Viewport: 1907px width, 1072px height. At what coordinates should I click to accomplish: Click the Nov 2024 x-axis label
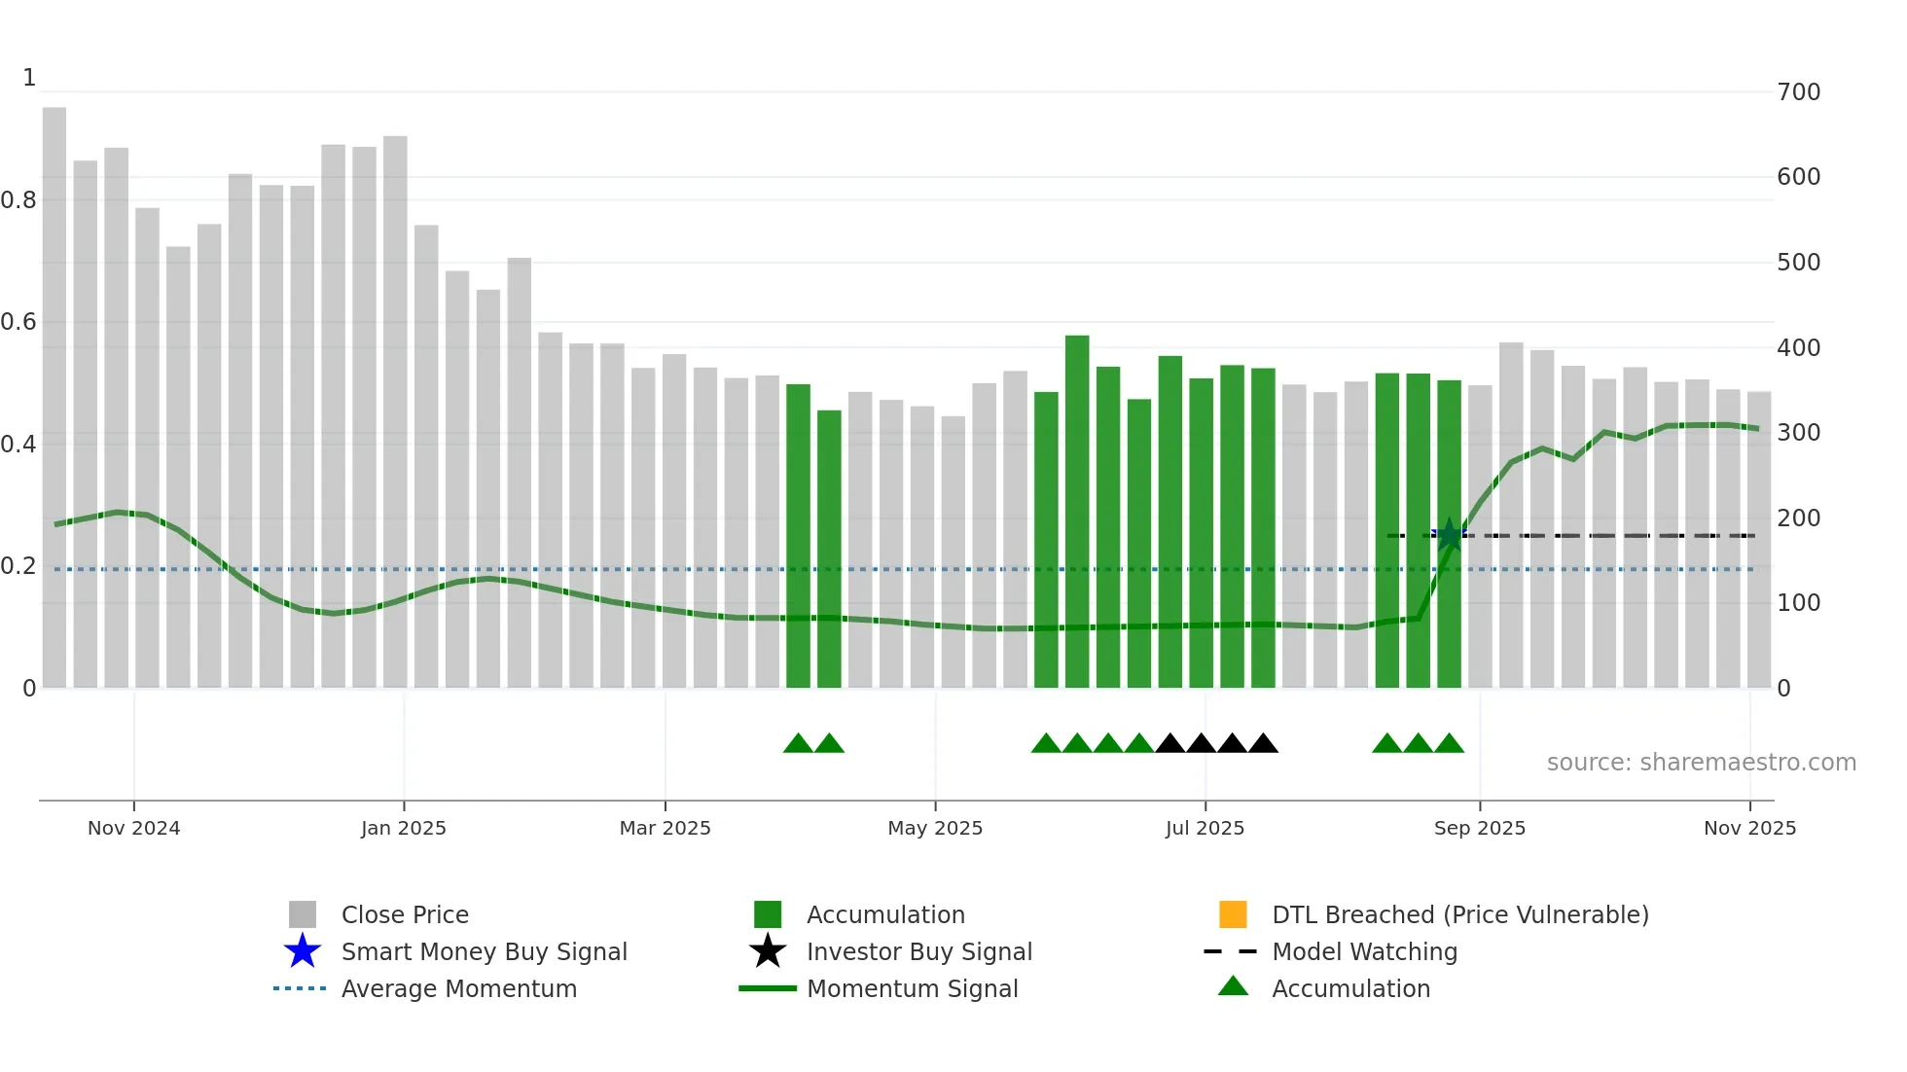(x=133, y=828)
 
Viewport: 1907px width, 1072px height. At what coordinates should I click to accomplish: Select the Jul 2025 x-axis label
(x=1205, y=828)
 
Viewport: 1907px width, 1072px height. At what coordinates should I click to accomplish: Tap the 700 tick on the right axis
(x=1798, y=92)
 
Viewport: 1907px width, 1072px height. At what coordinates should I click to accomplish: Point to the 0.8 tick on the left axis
(x=18, y=200)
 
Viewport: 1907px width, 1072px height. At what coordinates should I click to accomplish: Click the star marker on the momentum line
(x=1449, y=534)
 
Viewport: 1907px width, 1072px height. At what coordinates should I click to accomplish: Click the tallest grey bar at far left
(x=54, y=389)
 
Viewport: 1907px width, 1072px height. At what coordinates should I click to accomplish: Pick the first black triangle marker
(x=1169, y=744)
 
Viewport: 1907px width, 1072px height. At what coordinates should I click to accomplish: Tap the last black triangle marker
(x=1263, y=744)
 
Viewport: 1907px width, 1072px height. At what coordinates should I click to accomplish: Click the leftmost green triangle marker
(x=798, y=744)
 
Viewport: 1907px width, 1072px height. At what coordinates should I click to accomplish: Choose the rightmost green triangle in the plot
(x=1449, y=744)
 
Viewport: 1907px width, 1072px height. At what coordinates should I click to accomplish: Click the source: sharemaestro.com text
(x=1701, y=763)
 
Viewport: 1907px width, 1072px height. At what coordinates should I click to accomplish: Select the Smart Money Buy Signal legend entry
(x=484, y=951)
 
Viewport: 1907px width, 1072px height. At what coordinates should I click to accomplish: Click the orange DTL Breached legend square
(x=1233, y=914)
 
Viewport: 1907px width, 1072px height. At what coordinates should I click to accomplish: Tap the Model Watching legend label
(x=1364, y=951)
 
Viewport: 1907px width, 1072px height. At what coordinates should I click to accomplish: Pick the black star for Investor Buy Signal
(x=768, y=951)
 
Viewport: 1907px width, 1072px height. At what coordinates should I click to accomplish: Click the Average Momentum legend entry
(x=458, y=988)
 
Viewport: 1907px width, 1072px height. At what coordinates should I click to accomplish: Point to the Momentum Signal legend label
(x=912, y=988)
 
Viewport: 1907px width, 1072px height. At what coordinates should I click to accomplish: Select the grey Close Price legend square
(x=303, y=914)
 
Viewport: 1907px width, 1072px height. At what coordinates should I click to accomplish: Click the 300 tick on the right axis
(x=1798, y=433)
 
